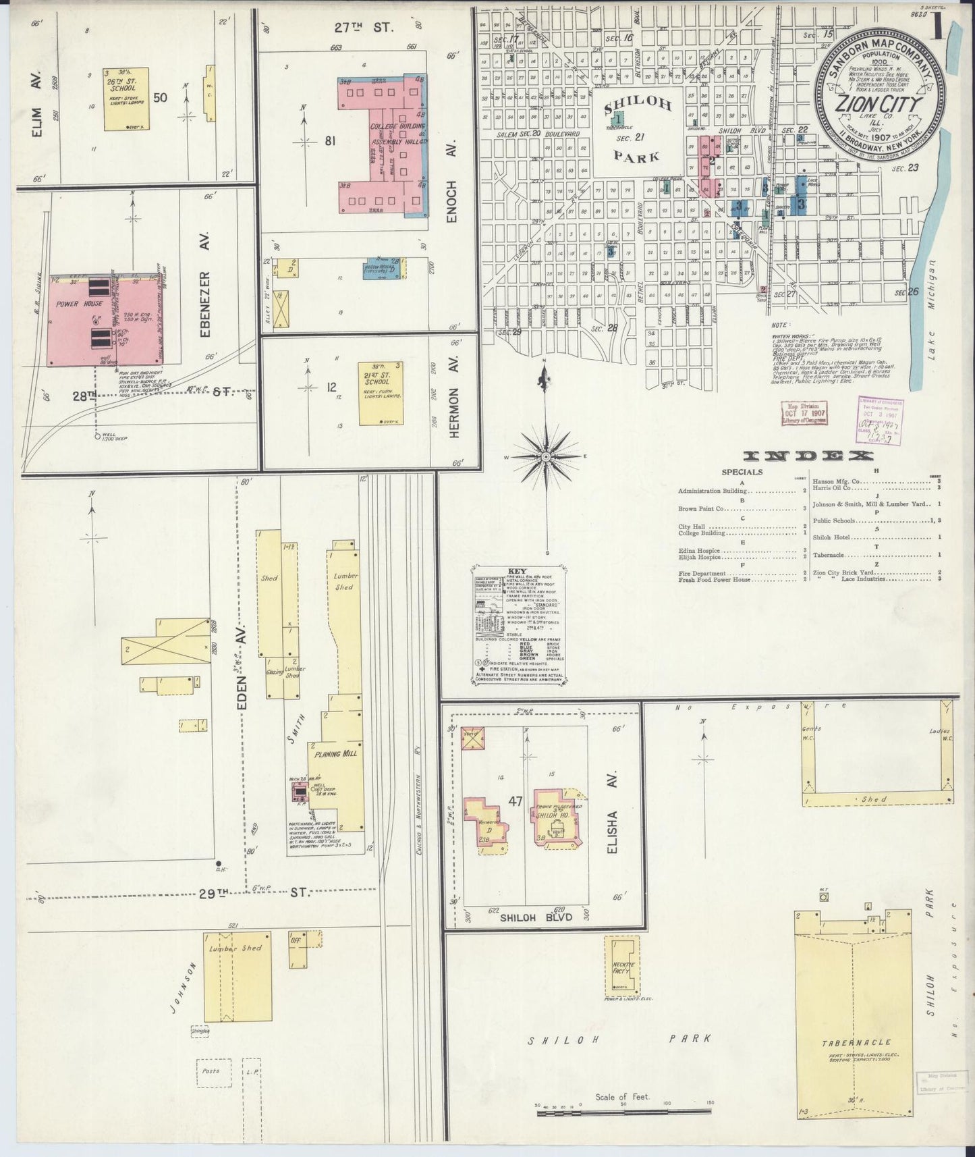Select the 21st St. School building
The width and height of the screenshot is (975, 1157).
point(381,393)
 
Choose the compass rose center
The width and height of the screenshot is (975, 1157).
point(545,458)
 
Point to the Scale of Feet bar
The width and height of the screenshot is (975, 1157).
point(622,1111)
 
